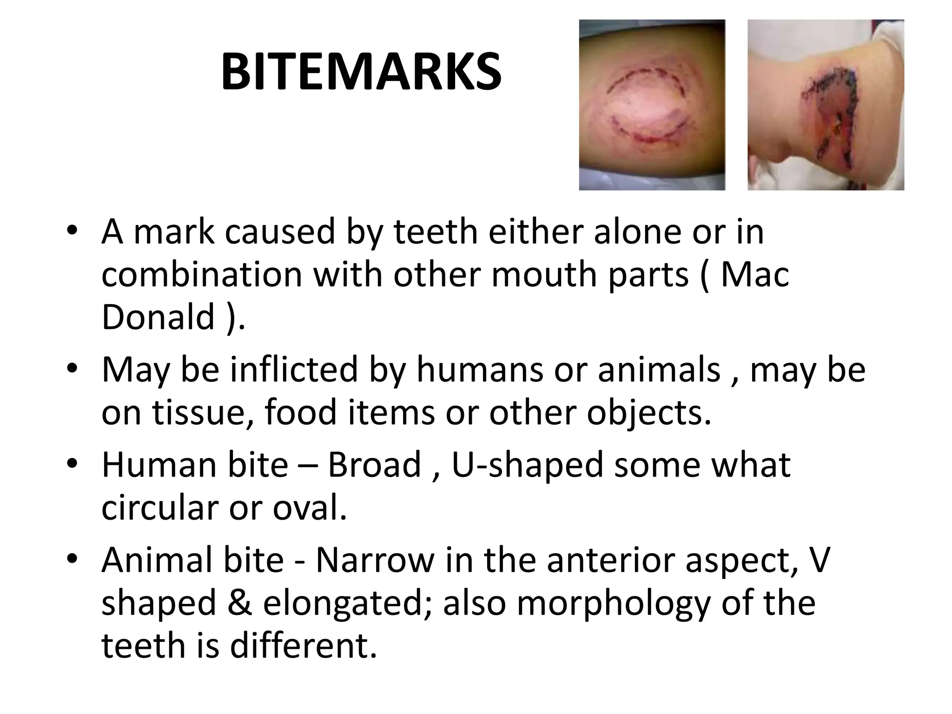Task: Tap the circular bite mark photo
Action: coord(652,105)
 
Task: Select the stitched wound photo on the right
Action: coord(826,105)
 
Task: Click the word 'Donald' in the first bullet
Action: coord(158,317)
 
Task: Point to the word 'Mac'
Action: coord(754,275)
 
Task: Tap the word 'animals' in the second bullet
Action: coord(659,370)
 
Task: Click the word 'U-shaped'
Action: coord(528,465)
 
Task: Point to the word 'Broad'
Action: coord(374,465)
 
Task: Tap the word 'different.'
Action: coord(303,646)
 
